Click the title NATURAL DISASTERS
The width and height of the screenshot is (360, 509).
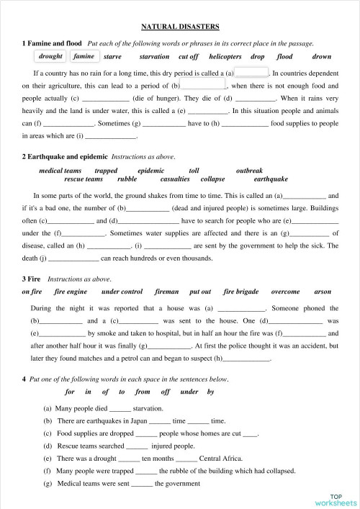point(180,26)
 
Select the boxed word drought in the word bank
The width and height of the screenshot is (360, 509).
point(50,56)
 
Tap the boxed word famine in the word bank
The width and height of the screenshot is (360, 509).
point(84,56)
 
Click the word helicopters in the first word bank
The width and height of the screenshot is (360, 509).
point(225,56)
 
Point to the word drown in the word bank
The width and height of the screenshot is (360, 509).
point(322,56)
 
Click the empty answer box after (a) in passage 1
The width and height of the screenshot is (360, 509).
point(252,73)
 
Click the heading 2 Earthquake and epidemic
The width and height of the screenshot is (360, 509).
point(65,156)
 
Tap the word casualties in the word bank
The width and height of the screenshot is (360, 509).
point(175,179)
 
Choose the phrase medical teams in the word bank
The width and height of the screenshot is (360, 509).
point(60,171)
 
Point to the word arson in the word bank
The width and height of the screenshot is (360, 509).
point(323,292)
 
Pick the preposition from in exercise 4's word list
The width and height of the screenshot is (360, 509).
point(143,392)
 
